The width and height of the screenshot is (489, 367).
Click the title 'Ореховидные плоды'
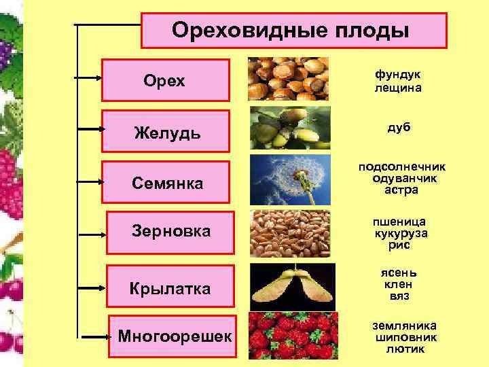(294, 30)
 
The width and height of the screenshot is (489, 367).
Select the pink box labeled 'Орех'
(165, 80)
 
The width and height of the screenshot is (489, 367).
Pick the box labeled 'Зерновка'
(170, 232)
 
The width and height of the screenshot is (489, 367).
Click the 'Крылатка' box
(170, 288)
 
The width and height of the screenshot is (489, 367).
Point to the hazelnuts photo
(288, 79)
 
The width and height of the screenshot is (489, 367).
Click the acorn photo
(290, 127)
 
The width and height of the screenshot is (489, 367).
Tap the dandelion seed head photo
(290, 179)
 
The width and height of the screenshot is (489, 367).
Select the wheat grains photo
(290, 232)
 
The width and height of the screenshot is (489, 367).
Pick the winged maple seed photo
(290, 285)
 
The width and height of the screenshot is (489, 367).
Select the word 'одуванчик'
(397, 179)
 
